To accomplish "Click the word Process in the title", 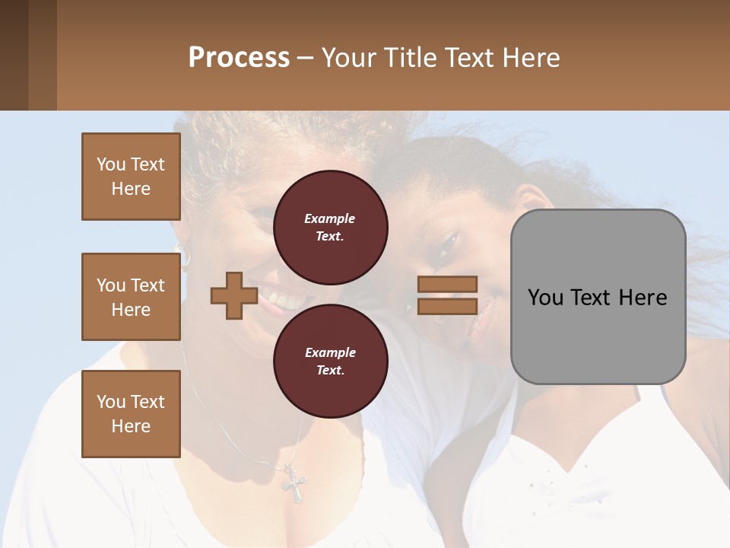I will [239, 57].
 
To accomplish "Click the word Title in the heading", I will [411, 57].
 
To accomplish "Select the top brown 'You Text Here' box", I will [131, 177].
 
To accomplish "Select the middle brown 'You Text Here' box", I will [131, 297].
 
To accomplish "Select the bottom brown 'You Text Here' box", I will [131, 413].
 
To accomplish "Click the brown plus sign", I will [234, 296].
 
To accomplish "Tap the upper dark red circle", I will [330, 228].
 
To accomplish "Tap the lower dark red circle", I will [330, 362].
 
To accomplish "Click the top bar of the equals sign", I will [447, 285].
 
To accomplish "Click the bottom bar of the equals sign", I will [447, 306].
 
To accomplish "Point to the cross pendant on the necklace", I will [293, 482].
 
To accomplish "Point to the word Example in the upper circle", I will [329, 218].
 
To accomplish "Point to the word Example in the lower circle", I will [329, 352].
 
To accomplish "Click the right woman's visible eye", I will [448, 244].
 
